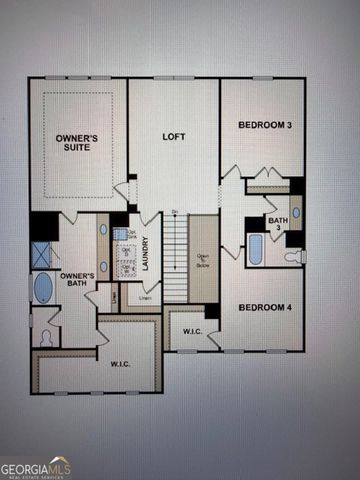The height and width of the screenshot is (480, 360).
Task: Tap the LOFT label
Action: pos(175,136)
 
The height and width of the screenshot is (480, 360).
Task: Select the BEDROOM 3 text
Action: pos(265,125)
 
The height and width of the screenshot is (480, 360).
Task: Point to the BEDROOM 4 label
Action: pos(265,307)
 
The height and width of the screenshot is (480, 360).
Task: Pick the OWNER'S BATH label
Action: pos(77,280)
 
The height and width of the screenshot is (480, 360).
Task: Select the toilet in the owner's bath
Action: pos(44,335)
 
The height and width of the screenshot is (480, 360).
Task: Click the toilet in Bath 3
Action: pos(294,257)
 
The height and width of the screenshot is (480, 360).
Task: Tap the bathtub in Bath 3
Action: pos(256,249)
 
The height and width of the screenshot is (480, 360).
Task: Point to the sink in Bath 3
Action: pos(296,212)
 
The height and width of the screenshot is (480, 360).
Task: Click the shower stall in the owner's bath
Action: pos(43,254)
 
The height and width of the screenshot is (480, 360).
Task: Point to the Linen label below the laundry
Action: pos(146,297)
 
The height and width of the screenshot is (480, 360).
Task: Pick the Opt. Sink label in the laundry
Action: pos(130,234)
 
